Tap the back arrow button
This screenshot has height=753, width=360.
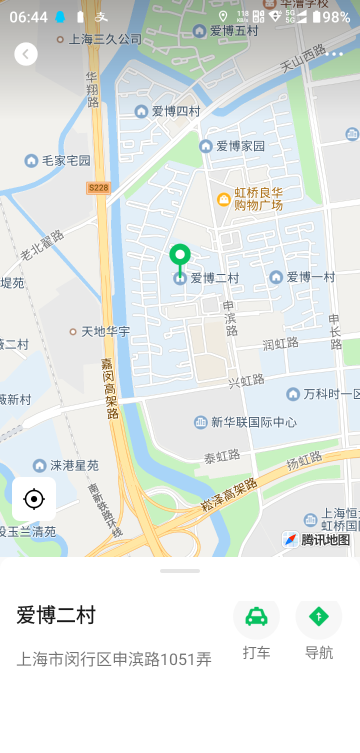26,54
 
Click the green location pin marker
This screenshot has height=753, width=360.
180,257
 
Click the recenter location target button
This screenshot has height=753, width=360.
34,499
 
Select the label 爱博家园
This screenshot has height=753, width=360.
238,146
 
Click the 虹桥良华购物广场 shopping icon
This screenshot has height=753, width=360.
225,199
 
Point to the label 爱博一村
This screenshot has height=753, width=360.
309,277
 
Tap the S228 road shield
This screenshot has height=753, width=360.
98,187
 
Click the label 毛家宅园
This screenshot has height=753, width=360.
66,160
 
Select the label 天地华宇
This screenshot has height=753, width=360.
105,331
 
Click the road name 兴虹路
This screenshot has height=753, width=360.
246,380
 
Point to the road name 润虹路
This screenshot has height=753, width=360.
280,343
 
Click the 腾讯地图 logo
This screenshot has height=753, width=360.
318,540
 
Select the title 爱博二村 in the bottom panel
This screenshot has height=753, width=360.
56,615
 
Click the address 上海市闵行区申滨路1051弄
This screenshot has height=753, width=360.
114,659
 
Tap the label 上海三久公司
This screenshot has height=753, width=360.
105,39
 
